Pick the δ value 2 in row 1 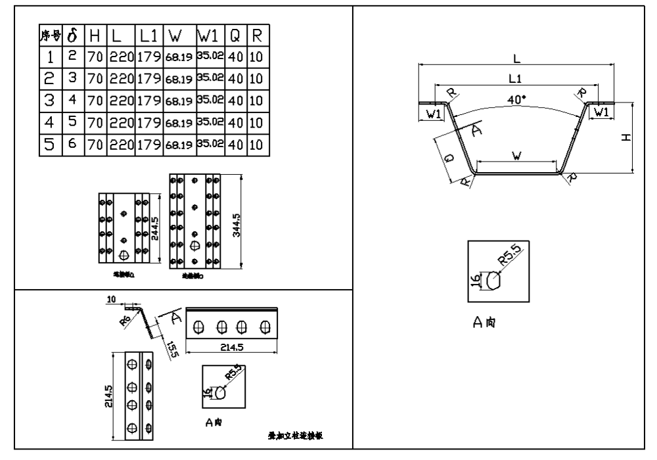click(74, 57)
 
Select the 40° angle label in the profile click(517, 99)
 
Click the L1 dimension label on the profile click(516, 78)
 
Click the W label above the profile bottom click(517, 155)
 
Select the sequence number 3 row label click(50, 101)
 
